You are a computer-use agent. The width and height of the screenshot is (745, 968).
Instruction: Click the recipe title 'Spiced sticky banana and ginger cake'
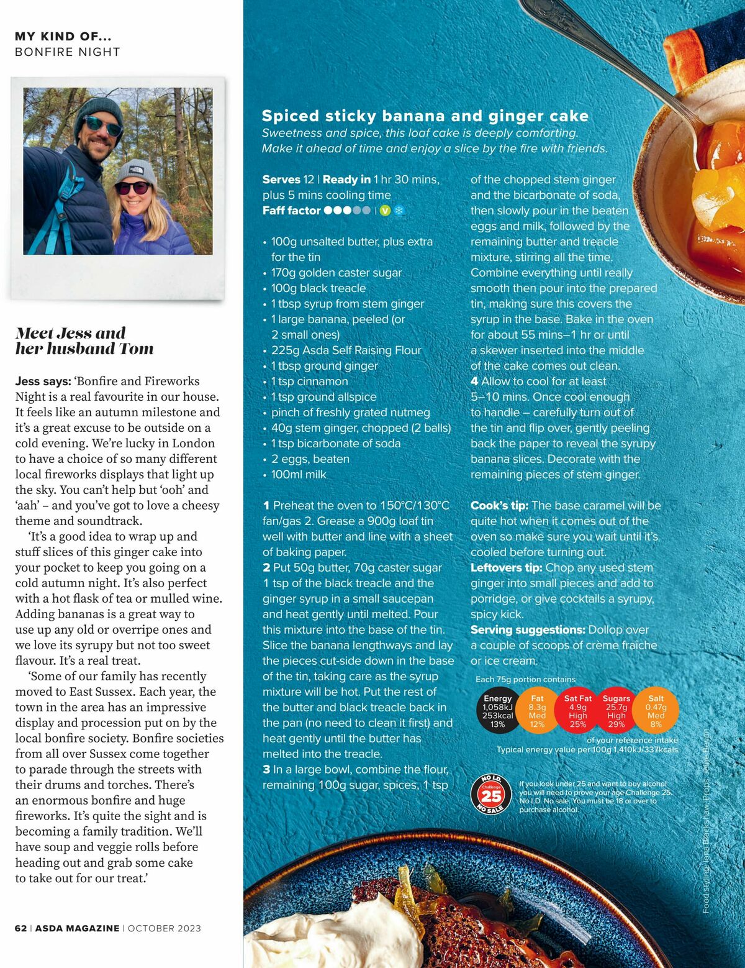(x=425, y=116)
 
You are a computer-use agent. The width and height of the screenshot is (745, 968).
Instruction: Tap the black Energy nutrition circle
(x=497, y=711)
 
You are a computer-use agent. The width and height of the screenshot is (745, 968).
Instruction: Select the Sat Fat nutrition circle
(x=578, y=711)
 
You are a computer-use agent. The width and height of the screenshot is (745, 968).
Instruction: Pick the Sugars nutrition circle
(x=616, y=711)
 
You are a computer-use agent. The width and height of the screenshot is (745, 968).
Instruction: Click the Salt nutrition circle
(x=656, y=711)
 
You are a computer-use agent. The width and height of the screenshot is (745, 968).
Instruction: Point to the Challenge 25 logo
(x=491, y=795)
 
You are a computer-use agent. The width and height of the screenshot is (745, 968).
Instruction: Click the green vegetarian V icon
(x=385, y=211)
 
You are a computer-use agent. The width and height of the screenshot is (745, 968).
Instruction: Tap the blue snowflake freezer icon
(x=399, y=211)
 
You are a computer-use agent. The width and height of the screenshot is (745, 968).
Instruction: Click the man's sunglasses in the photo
(x=102, y=126)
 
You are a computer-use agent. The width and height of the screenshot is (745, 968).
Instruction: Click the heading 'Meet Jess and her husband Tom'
(x=84, y=340)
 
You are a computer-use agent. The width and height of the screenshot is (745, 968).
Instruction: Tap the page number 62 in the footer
(x=20, y=928)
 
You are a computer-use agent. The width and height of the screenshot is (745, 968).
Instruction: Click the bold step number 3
(x=266, y=770)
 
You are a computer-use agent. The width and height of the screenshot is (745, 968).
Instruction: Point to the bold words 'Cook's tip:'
(x=499, y=506)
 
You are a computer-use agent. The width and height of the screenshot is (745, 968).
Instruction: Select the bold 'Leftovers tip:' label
(x=506, y=568)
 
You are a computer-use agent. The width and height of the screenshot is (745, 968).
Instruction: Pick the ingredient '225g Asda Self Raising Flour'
(x=346, y=350)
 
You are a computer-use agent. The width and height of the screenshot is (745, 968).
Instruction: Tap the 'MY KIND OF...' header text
(x=63, y=37)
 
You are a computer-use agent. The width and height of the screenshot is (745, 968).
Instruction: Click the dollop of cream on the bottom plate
(x=348, y=932)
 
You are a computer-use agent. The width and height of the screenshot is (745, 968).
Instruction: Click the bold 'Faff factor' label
(x=291, y=211)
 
